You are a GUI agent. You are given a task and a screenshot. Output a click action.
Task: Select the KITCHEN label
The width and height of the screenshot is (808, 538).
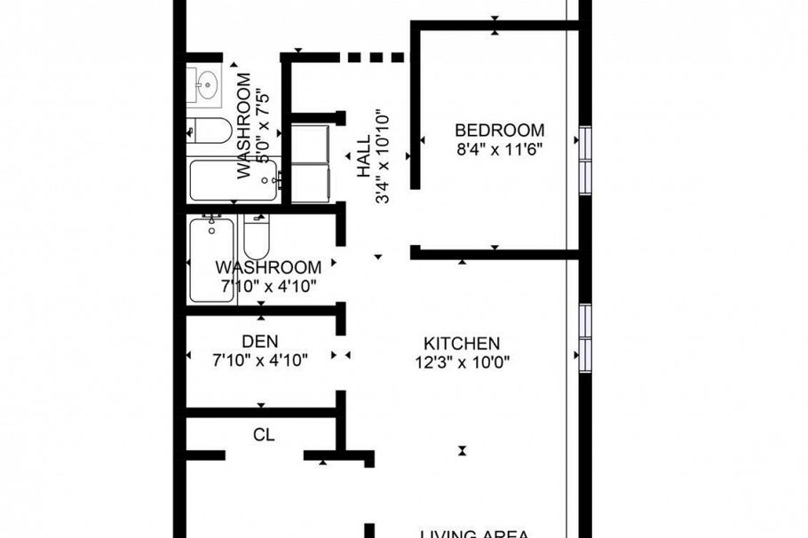461,344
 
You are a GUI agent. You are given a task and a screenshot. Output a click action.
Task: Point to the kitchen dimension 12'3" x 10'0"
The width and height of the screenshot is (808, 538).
461,362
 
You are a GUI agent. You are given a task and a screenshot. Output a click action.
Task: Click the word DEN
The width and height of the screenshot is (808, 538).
260,341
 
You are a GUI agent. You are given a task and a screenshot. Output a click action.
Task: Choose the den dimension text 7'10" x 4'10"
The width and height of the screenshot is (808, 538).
260,360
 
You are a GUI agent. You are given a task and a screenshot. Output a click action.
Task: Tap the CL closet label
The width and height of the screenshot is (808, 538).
264,436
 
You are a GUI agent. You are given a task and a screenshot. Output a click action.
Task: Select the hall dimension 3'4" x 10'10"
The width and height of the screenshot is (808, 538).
384,155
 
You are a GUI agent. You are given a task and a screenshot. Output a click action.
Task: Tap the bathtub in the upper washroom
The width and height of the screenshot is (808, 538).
233,179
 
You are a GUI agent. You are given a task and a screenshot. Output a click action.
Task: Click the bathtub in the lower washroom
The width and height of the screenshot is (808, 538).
212,259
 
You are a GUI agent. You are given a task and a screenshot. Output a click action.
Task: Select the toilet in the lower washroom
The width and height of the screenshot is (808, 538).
257,235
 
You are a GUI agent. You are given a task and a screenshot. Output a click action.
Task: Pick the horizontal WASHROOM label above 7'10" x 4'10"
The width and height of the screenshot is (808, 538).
268,267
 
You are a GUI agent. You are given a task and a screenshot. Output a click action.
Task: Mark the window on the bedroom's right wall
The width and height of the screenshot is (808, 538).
585,158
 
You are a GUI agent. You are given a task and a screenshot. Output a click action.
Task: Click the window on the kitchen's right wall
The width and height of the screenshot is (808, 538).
585,337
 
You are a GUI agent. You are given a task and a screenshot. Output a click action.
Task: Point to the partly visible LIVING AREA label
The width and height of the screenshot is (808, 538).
475,533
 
